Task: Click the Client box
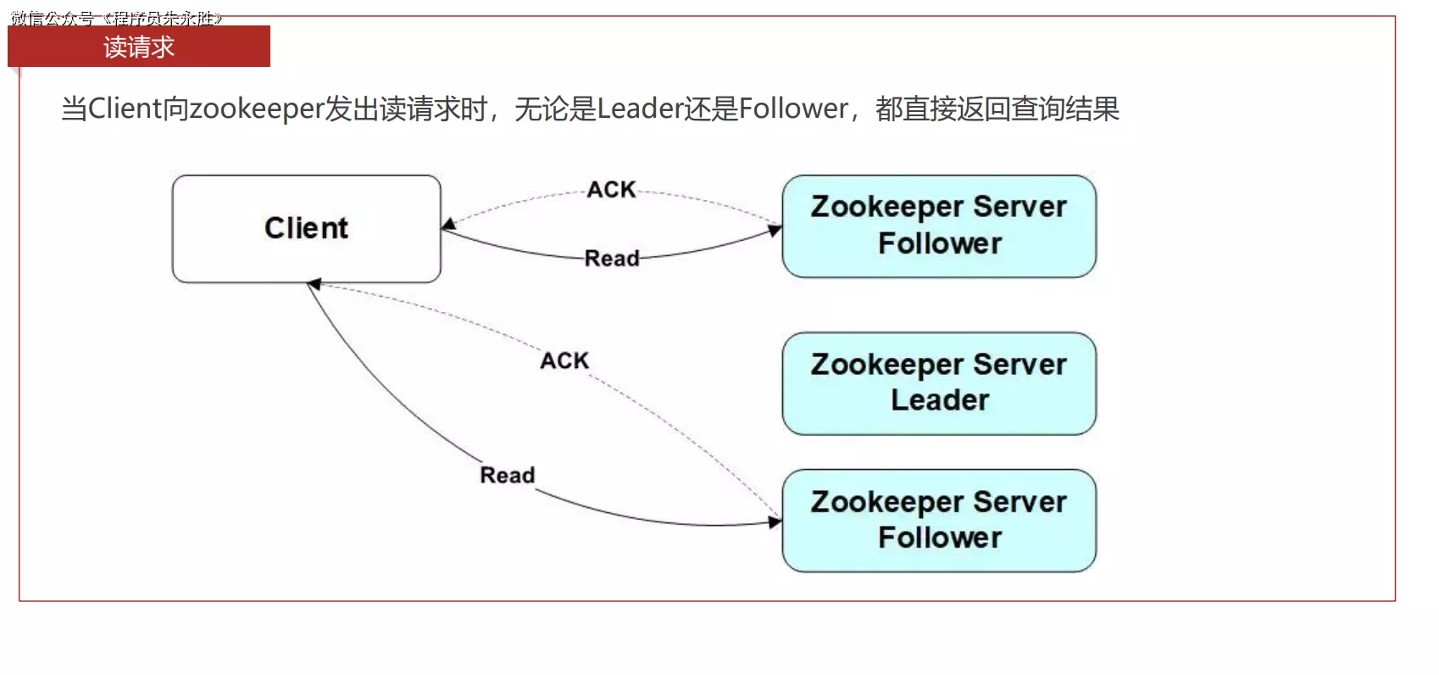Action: [306, 228]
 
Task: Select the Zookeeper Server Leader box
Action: [938, 383]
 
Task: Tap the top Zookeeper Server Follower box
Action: [938, 226]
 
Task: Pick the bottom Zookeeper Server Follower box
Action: [938, 521]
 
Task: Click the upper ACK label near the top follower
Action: [611, 190]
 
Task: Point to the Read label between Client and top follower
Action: [612, 259]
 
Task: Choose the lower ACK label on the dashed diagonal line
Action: [564, 361]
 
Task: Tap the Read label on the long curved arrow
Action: [507, 476]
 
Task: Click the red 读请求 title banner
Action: [139, 47]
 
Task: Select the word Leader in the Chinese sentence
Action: [640, 109]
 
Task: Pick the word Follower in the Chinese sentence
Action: [793, 109]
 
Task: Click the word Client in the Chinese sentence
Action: [124, 109]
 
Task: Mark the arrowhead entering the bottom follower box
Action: [775, 522]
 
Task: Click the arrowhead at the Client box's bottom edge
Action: [314, 285]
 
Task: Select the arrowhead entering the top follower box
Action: [775, 230]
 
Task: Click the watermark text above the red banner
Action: [116, 18]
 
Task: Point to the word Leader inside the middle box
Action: [939, 400]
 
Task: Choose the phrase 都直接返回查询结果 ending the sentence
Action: [997, 109]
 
